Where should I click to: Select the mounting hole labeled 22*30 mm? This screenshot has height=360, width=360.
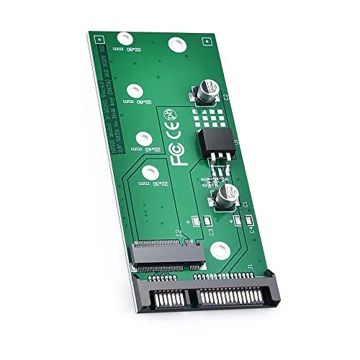[149, 172]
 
